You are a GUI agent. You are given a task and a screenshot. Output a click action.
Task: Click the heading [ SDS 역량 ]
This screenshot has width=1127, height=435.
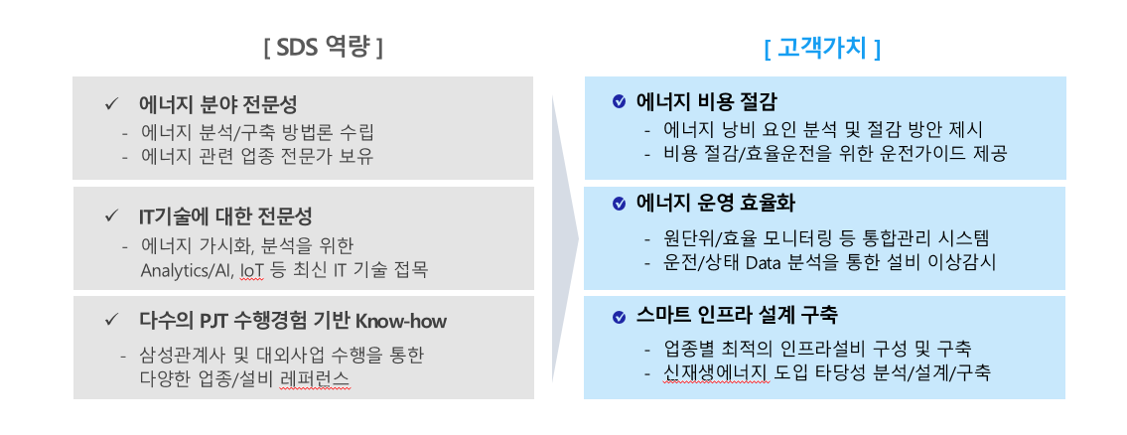[323, 49]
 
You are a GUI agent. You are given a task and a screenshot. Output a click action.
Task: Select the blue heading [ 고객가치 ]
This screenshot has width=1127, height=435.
[823, 49]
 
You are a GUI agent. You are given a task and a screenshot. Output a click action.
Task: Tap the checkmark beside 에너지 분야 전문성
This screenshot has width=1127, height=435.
[111, 103]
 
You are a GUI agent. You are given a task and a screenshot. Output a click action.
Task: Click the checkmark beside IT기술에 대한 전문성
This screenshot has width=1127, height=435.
[111, 216]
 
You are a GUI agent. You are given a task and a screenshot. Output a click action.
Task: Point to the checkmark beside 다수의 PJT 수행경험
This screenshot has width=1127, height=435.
[111, 320]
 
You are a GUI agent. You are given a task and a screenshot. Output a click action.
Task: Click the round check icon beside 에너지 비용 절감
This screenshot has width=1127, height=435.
[619, 101]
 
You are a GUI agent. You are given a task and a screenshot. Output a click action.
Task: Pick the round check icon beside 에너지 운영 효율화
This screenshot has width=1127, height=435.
[619, 205]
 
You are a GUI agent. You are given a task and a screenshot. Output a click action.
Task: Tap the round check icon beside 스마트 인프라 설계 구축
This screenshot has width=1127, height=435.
[619, 317]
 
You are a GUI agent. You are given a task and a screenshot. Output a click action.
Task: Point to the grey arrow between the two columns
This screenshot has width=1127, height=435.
[565, 238]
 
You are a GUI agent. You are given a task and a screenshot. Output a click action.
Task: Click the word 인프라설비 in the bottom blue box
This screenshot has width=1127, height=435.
[824, 350]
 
